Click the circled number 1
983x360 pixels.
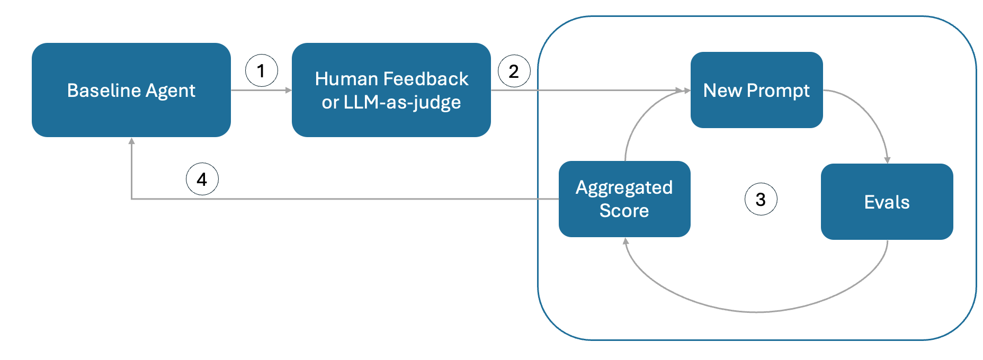point(261,70)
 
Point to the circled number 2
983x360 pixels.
point(514,71)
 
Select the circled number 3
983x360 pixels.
point(761,199)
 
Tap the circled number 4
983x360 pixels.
point(202,179)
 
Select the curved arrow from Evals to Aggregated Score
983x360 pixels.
point(757,312)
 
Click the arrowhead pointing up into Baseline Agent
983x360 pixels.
point(131,141)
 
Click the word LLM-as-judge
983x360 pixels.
point(402,102)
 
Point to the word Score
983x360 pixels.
point(624,211)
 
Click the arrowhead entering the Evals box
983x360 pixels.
point(887,160)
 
